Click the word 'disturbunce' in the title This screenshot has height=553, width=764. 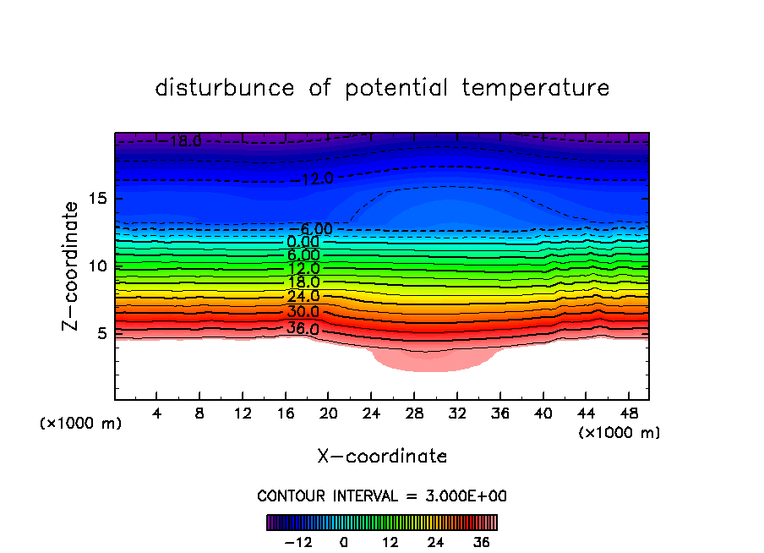coord(225,88)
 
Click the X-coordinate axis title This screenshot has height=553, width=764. coord(382,457)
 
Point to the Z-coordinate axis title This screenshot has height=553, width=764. coord(71,266)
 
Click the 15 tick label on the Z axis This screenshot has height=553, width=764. coord(95,199)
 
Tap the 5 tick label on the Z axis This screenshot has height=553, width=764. coord(100,332)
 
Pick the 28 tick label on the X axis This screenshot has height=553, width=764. coord(413,415)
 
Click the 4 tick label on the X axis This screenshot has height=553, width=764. coord(156,415)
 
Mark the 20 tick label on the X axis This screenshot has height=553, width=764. coord(328,415)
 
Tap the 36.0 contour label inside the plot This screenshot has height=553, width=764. coord(303,328)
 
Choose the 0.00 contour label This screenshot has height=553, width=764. coord(303,242)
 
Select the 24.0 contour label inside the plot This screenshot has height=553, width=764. coord(303,297)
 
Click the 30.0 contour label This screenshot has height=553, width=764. coord(303,312)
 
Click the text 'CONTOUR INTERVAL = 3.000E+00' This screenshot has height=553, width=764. coord(382,496)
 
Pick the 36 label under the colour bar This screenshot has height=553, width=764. coord(482,542)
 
